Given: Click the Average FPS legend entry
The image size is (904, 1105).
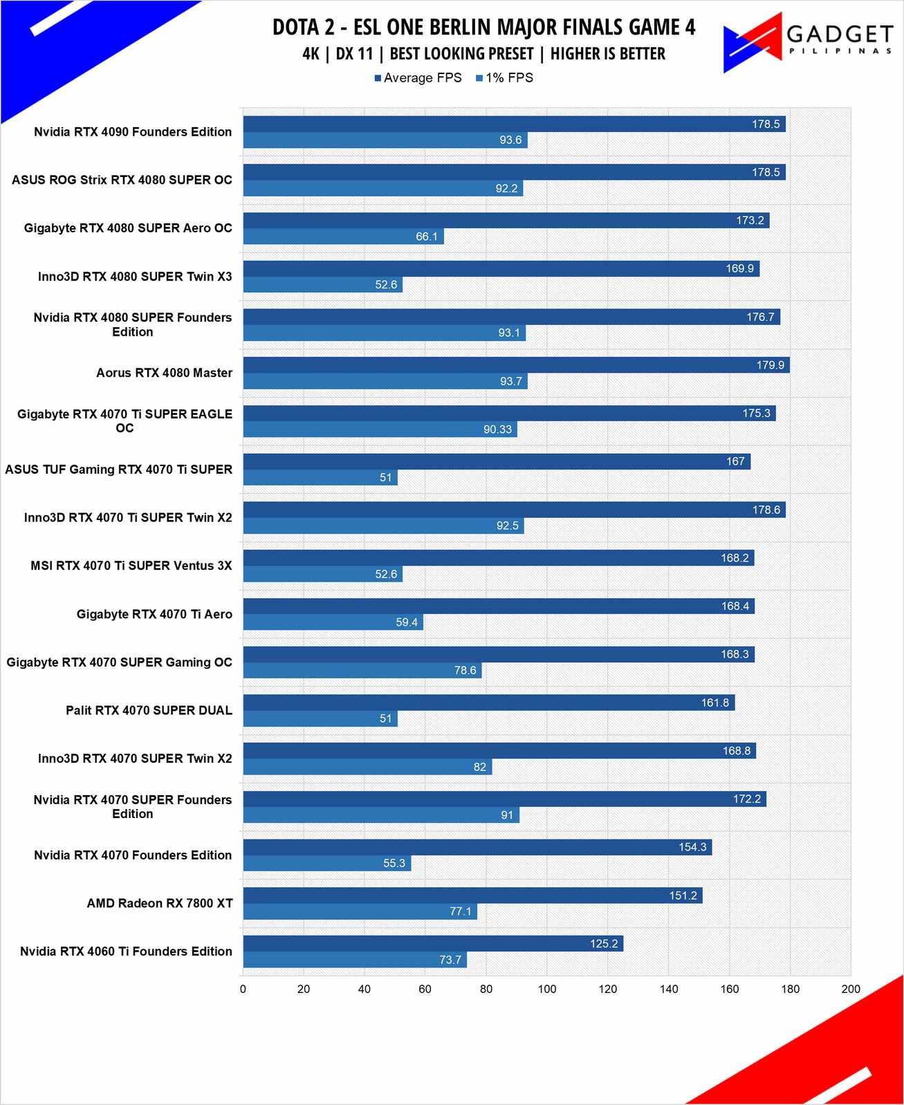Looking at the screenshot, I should point(418,78).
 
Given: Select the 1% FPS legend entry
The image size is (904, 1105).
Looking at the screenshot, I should point(505,78).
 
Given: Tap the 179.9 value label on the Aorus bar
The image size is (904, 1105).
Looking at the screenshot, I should point(770,365).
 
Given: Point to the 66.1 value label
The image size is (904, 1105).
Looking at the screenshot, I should point(427,237).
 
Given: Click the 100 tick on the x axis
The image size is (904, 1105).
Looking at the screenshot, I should point(547,989).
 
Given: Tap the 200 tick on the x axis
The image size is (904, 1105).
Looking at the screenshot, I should point(851,989).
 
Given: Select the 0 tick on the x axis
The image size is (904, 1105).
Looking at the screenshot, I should point(243,989).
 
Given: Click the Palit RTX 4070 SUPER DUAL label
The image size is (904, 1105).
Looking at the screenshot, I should point(149,710).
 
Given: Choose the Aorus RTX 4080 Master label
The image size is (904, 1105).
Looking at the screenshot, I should point(164,373).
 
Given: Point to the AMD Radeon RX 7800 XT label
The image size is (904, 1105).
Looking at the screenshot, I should point(160,903).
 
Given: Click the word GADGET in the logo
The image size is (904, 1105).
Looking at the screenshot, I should point(840,34).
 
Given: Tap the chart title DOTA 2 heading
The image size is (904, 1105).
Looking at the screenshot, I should point(483,27).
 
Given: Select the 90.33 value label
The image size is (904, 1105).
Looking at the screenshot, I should point(497,429).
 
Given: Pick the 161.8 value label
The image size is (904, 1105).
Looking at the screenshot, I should point(714,703).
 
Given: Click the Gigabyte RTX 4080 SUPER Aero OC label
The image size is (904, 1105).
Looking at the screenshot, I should point(128,228).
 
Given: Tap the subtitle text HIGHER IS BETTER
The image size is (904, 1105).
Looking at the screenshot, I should point(607,54).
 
